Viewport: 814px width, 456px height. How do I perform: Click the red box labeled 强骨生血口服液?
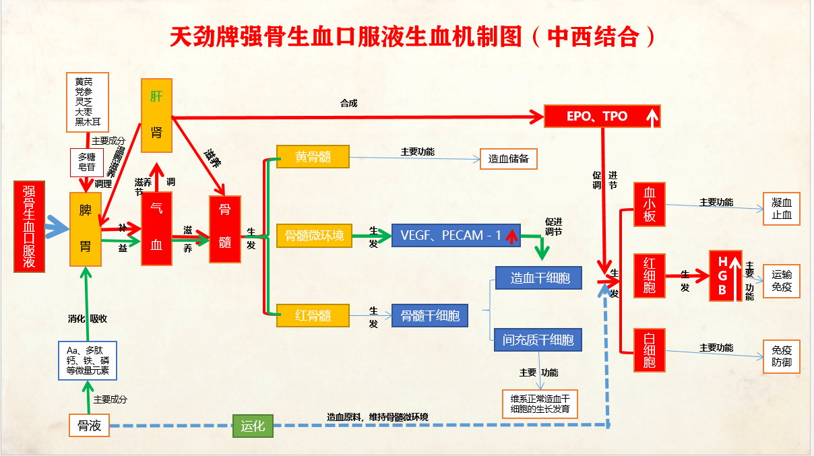coord(29,227)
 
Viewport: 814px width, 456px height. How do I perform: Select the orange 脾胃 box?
coord(86,229)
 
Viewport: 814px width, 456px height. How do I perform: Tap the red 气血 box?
coord(156,228)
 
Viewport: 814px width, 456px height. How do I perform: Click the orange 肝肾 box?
coord(156,115)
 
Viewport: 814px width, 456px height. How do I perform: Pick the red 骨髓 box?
coord(225,229)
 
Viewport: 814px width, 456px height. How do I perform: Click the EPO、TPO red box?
coord(602,116)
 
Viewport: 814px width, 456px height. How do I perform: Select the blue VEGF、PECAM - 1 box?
coord(456,235)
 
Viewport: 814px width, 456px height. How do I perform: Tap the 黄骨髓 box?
coord(313,157)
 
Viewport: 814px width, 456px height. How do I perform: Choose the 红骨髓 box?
coord(313,315)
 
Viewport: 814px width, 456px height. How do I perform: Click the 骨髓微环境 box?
coord(315,235)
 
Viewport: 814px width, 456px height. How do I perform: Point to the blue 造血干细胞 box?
coord(538,278)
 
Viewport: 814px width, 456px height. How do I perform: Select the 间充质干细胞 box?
coord(538,340)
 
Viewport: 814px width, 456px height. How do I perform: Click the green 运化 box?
coord(253,426)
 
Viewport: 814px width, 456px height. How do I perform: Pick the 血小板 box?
coord(650,205)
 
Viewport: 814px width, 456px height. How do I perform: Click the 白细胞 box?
coord(650,349)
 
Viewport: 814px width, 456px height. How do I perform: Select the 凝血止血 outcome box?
coord(782,209)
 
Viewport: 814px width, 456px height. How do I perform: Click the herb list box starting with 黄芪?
coord(88,102)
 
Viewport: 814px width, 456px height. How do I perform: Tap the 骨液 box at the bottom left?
coord(89,426)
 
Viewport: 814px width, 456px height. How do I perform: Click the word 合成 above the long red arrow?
coord(348,103)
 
